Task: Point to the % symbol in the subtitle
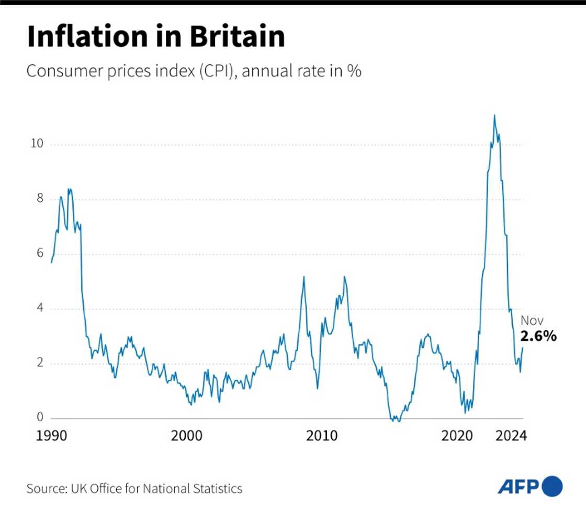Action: click(x=354, y=71)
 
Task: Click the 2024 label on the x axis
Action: click(x=511, y=437)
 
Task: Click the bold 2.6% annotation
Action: click(x=538, y=336)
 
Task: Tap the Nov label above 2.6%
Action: click(x=532, y=321)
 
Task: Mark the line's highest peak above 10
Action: click(x=494, y=115)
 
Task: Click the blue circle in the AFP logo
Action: click(x=553, y=487)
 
